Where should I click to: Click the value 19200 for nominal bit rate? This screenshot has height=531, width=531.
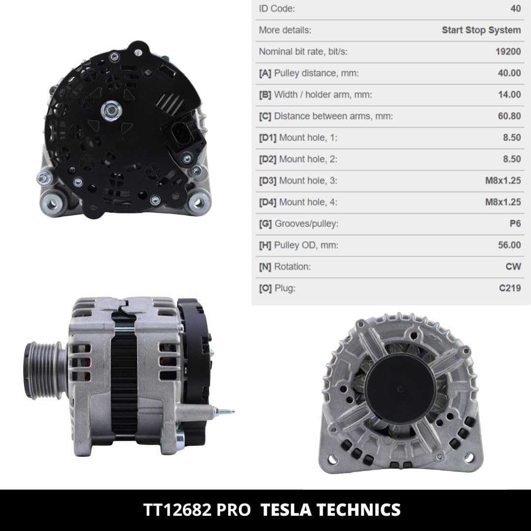[x=508, y=52]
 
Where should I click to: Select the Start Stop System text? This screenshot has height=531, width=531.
[x=481, y=30]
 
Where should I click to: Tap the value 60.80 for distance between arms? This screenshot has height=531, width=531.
[x=509, y=116]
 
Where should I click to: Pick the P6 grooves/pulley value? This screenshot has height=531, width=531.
[x=515, y=224]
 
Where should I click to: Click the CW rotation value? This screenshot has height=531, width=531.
[x=513, y=266]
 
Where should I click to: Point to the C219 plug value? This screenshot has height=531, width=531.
[x=510, y=288]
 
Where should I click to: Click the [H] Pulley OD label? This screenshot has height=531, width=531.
[x=299, y=245]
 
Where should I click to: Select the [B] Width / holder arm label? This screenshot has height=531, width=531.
[x=316, y=94]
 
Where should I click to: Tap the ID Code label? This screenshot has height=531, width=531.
[x=277, y=8]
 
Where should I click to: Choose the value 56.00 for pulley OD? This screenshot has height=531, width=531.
[x=509, y=245]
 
